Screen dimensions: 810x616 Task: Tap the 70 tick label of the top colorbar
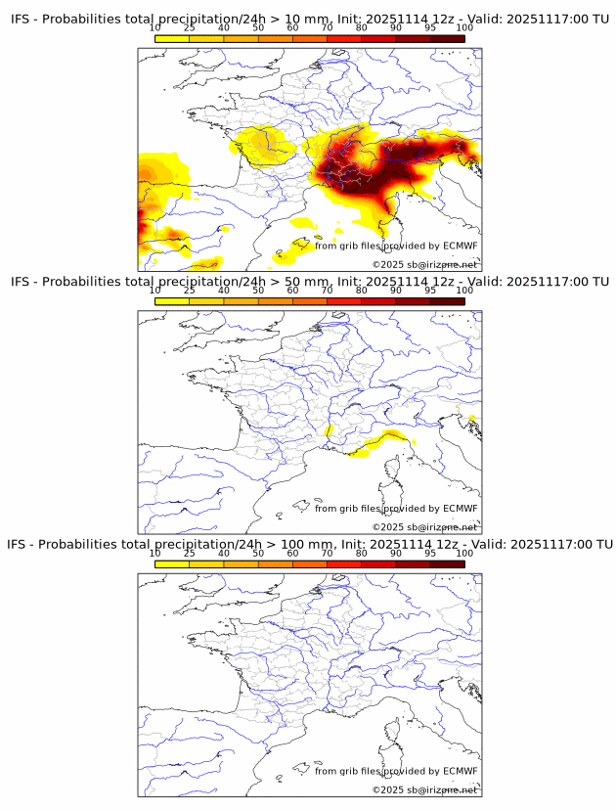[328, 28]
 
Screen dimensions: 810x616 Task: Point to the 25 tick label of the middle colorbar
[190, 291]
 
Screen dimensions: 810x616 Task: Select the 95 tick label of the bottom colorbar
[430, 553]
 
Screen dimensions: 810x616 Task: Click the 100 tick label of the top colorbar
[464, 28]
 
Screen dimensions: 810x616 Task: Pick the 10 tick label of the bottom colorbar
[155, 553]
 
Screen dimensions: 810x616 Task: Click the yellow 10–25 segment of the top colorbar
[172, 38]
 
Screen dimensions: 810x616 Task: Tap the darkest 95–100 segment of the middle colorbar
[447, 300]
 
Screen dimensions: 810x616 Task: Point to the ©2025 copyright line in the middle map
[424, 527]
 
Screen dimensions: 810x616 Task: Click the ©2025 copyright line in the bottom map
[424, 789]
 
